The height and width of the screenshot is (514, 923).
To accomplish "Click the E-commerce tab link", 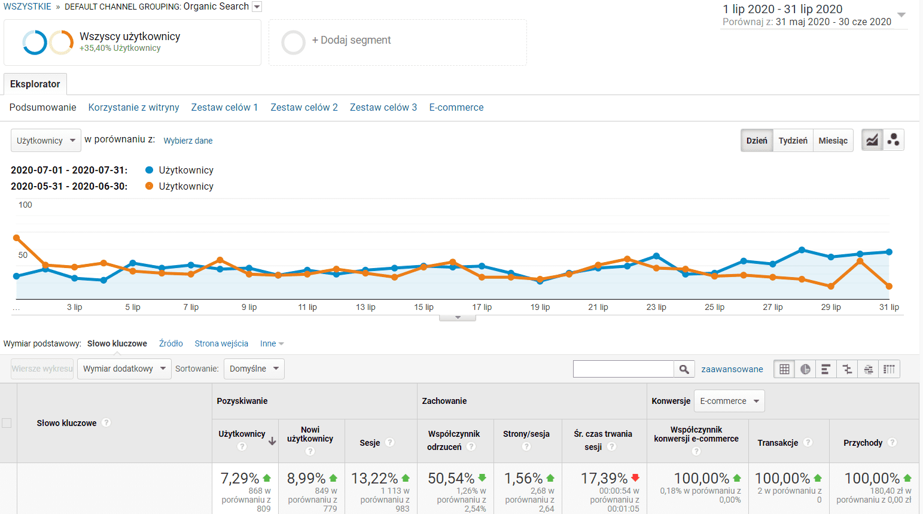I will pyautogui.click(x=456, y=108).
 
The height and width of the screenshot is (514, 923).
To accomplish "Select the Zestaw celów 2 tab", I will pyautogui.click(x=304, y=108).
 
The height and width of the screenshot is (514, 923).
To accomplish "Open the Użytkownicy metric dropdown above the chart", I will pyautogui.click(x=46, y=141).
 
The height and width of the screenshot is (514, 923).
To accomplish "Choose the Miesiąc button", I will pyautogui.click(x=833, y=141).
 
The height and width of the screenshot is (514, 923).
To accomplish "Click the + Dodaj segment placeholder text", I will pyautogui.click(x=351, y=40).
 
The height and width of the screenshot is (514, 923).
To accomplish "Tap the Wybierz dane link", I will pyautogui.click(x=188, y=141).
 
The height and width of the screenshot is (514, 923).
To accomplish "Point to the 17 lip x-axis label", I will pyautogui.click(x=482, y=307).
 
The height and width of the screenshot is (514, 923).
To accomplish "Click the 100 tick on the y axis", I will pyautogui.click(x=25, y=205).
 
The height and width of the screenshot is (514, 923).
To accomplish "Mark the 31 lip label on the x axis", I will pyautogui.click(x=889, y=307).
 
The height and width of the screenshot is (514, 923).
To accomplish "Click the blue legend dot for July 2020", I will pyautogui.click(x=150, y=170).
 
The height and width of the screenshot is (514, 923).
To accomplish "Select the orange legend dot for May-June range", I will pyautogui.click(x=150, y=186).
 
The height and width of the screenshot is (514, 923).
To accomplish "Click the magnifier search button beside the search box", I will pyautogui.click(x=684, y=369).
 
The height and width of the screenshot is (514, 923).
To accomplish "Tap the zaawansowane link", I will pyautogui.click(x=732, y=369).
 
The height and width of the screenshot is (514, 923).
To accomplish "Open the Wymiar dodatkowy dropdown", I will pyautogui.click(x=124, y=369).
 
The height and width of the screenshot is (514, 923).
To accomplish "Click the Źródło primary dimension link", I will pyautogui.click(x=171, y=343).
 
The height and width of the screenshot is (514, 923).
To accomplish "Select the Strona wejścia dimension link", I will pyautogui.click(x=221, y=343).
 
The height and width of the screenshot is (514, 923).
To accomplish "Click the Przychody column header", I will pyautogui.click(x=863, y=443).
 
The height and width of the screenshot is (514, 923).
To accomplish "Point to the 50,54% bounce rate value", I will pyautogui.click(x=451, y=479).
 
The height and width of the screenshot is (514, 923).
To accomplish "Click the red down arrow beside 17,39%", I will pyautogui.click(x=635, y=477).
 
